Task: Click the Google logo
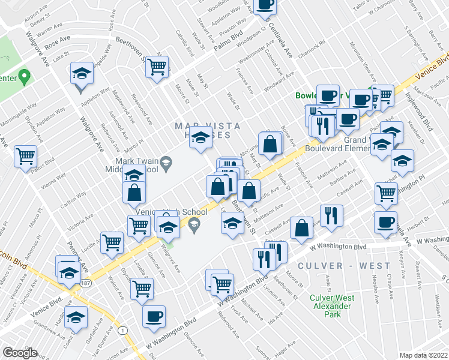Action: pos(20,353)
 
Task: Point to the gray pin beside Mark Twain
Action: pos(167,162)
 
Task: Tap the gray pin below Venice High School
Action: pos(193,226)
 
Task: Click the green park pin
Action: pos(24,77)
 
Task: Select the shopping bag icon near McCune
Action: pos(271,143)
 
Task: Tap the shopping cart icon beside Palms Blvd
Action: pos(26,157)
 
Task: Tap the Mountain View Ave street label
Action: pos(367,66)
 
